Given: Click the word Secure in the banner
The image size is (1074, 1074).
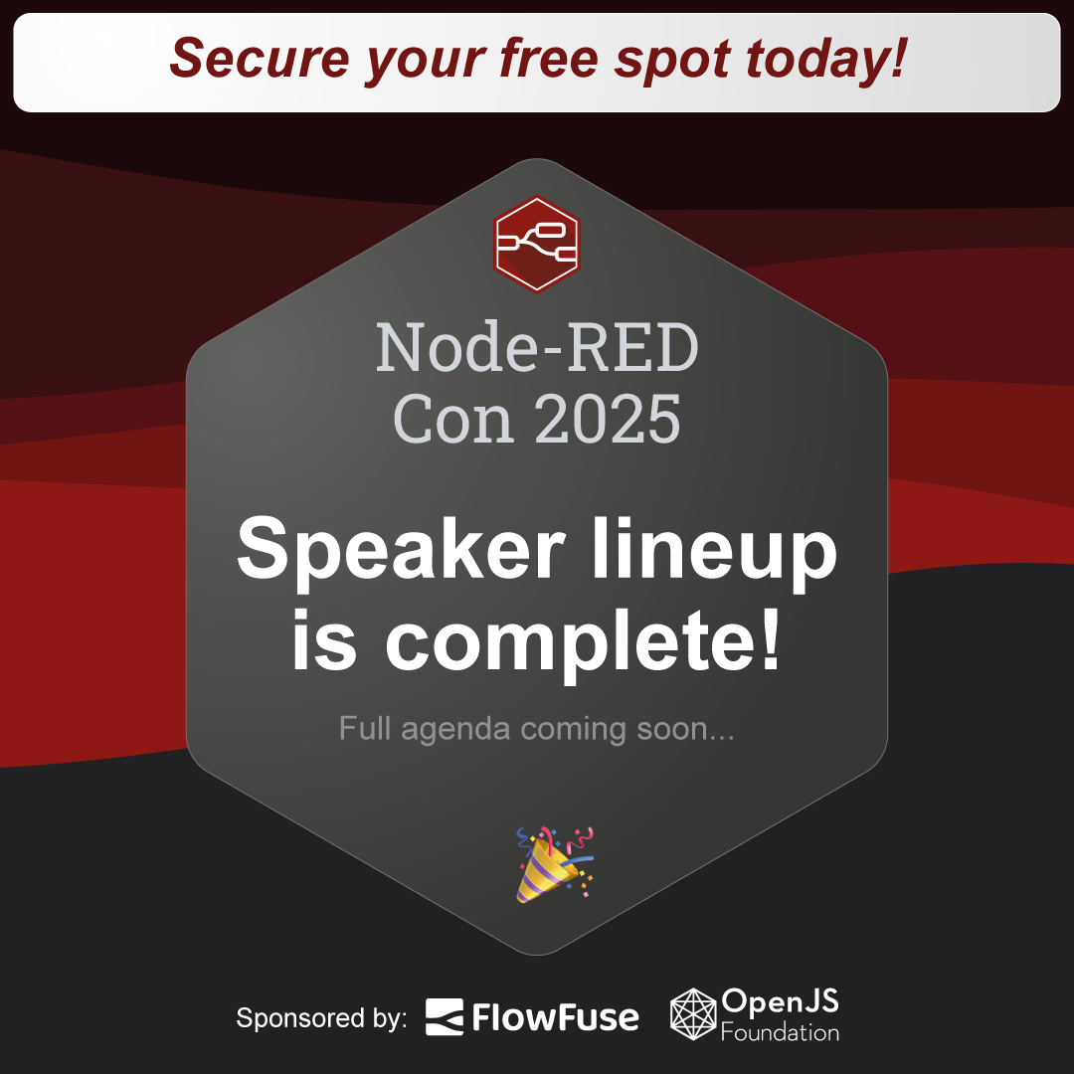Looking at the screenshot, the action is point(260,58).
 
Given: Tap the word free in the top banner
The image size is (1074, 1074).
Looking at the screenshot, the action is point(549,58).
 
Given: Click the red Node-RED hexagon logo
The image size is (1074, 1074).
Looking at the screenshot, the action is point(537,244).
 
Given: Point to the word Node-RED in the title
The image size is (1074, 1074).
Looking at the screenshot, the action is point(537,348).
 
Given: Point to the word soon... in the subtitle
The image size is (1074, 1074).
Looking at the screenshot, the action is point(685,729).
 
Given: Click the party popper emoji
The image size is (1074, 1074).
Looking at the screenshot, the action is point(554,864).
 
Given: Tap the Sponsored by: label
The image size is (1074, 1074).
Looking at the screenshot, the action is point(321,1018).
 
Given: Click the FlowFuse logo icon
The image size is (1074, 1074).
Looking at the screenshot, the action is point(444,1016).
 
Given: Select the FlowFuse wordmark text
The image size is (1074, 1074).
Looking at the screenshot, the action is point(556,1017).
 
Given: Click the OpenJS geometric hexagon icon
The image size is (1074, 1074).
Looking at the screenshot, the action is point(692,1013).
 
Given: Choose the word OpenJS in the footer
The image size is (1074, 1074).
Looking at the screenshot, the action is point(781,1002).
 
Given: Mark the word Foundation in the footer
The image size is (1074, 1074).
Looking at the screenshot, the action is point(781,1032).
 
